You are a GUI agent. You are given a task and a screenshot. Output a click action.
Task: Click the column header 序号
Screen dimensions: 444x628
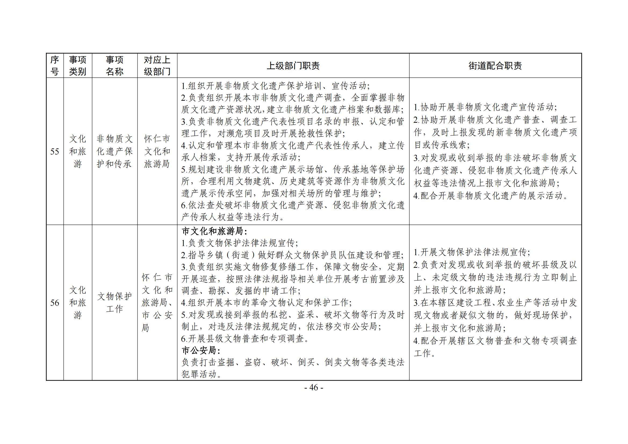click(55, 66)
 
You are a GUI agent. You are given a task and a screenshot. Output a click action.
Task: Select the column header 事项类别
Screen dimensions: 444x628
click(78, 66)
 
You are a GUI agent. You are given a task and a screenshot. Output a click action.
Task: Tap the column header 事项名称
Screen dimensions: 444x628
click(115, 66)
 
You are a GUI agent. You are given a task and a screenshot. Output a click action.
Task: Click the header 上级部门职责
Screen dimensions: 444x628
click(293, 66)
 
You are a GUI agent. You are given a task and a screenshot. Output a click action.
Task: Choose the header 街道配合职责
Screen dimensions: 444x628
click(495, 66)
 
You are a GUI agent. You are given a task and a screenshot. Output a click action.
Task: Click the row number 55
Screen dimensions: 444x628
click(55, 151)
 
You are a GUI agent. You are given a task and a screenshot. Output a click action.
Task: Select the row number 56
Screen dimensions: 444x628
click(55, 302)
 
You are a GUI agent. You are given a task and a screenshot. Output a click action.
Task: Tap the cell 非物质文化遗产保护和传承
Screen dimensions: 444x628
click(115, 151)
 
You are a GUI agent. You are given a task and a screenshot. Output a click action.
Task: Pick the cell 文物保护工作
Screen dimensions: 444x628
click(115, 302)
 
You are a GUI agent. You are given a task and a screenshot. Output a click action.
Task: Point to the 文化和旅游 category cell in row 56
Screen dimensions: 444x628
click(78, 302)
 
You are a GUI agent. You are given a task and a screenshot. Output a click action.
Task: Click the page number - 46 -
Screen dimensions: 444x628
click(314, 388)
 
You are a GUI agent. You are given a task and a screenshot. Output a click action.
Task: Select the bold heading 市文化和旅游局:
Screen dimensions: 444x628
click(215, 232)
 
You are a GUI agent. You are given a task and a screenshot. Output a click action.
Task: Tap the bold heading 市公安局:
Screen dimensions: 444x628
click(201, 351)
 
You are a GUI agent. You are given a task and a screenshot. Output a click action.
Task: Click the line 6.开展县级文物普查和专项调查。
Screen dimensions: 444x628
click(245, 339)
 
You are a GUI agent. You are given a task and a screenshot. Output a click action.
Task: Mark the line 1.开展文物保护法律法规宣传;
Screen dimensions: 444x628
click(472, 252)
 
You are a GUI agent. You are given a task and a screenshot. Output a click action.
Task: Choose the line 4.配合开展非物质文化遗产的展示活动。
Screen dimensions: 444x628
click(491, 196)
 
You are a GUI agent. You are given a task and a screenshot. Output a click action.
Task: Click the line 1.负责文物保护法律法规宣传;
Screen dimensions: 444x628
click(240, 243)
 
